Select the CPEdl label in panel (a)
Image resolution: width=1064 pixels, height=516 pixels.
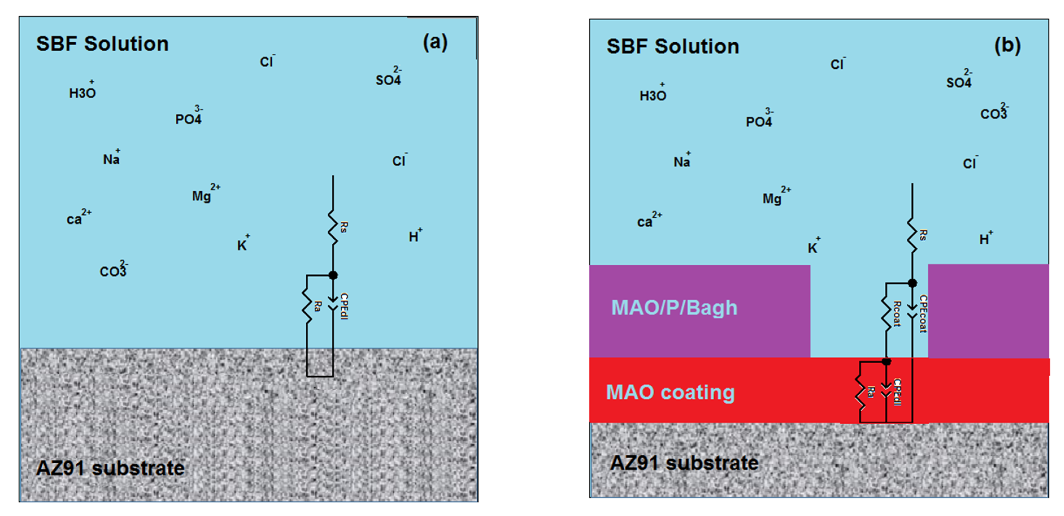[344, 306]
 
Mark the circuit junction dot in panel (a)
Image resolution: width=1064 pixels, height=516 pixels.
[333, 275]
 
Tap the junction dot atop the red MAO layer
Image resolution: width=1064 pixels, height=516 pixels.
[886, 362]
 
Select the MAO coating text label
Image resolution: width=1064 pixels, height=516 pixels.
[670, 392]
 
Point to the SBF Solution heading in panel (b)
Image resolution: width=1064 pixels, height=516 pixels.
[673, 46]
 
